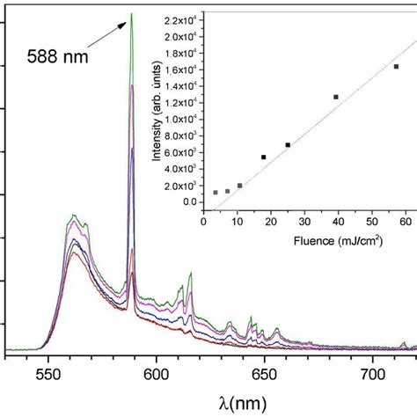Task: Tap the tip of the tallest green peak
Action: click(x=131, y=14)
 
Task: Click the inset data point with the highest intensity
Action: click(x=396, y=66)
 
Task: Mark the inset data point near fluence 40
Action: click(x=335, y=97)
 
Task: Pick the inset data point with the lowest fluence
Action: click(x=216, y=192)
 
